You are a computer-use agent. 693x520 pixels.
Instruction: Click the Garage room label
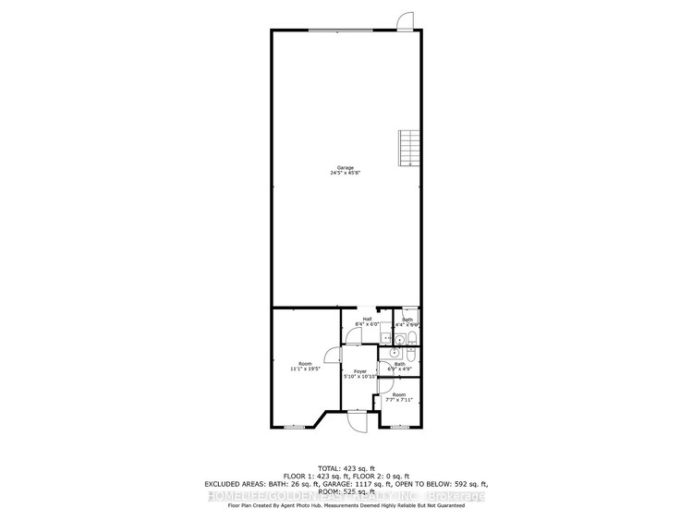click(x=345, y=167)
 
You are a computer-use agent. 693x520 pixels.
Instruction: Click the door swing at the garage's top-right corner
click(x=403, y=20)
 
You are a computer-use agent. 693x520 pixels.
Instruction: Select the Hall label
click(x=367, y=319)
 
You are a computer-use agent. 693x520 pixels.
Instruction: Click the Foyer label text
click(x=359, y=371)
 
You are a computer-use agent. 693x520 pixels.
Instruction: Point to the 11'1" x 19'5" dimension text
click(x=305, y=369)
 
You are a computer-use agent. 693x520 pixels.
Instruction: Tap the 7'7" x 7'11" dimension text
click(x=398, y=400)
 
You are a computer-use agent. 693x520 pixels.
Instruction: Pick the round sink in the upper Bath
click(x=387, y=339)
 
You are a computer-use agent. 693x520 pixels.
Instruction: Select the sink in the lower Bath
click(x=395, y=352)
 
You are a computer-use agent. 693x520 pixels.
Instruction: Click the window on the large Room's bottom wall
click(x=293, y=427)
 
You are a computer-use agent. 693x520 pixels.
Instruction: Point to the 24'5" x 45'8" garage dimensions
click(x=345, y=173)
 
